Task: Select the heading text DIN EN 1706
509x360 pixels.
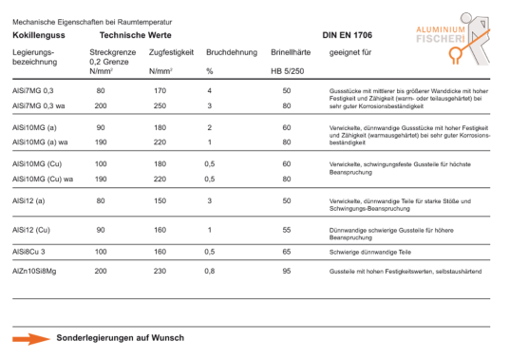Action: tap(349, 33)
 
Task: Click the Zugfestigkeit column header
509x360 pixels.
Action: tap(172, 52)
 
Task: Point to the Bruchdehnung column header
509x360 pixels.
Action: tap(232, 52)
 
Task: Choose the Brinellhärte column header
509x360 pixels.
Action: tap(291, 52)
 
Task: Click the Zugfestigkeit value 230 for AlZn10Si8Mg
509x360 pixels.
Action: tap(160, 272)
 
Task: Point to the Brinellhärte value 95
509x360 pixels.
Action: tap(286, 272)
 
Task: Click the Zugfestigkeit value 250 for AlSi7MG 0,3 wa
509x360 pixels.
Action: tap(160, 105)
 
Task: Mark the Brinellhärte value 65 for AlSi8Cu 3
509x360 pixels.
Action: tap(286, 252)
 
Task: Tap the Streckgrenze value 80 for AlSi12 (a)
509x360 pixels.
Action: tap(101, 201)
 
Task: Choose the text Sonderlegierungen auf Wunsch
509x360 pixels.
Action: tap(121, 337)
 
